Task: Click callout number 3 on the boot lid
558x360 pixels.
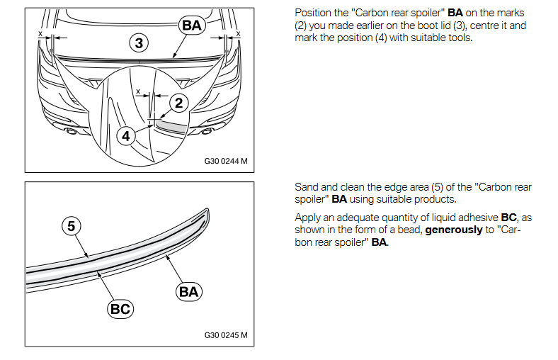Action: [139, 43]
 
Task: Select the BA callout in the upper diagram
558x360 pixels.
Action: [192, 26]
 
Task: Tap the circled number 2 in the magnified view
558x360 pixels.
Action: [178, 103]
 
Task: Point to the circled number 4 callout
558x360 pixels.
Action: [126, 135]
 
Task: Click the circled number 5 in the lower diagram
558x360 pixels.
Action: [71, 226]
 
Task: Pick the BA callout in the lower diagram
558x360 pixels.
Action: [189, 291]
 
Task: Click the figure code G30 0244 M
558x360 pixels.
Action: [226, 161]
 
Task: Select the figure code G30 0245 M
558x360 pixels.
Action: [226, 335]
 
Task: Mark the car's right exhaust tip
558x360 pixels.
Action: [207, 131]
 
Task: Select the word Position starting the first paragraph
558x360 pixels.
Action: [312, 14]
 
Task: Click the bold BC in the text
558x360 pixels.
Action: [508, 218]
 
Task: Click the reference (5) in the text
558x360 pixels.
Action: [438, 187]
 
